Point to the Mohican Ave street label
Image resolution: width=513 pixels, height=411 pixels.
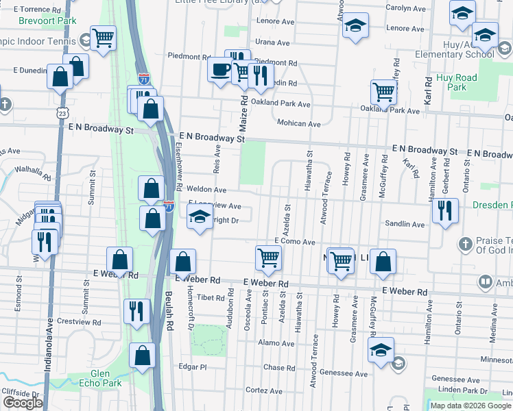tap(299, 124)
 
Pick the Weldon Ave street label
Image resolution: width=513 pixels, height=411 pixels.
tap(211, 190)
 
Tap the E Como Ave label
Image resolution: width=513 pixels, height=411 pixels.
tap(294, 242)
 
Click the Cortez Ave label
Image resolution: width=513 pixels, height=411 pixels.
tap(259, 390)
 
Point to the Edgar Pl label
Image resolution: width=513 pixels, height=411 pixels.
tap(193, 367)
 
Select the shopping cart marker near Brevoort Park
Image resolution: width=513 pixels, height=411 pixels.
tap(103, 38)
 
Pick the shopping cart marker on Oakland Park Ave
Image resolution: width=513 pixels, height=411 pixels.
tap(383, 91)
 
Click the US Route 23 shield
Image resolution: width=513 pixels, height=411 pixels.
tap(62, 112)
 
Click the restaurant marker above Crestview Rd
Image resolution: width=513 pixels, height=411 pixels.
tap(136, 310)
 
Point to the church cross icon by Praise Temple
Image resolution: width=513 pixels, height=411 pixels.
tap(465, 244)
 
